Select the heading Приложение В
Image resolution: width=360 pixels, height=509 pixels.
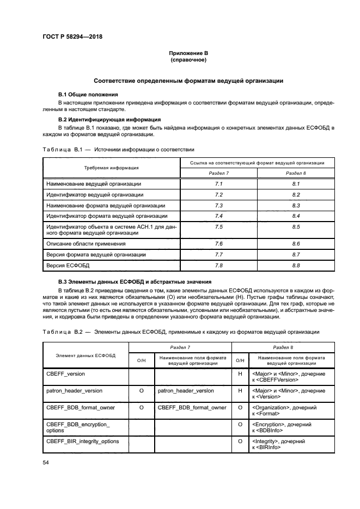(x=188, y=53)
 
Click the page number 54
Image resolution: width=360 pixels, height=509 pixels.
(x=46, y=462)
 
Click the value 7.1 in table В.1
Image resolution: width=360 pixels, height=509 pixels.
(x=219, y=184)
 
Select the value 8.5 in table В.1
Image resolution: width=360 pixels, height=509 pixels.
(x=296, y=227)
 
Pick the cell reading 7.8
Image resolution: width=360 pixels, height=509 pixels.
(x=219, y=265)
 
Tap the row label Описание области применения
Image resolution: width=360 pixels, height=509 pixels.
(x=86, y=243)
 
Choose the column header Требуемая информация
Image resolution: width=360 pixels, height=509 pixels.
(x=111, y=168)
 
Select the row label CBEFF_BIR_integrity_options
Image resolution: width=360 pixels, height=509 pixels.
(x=83, y=441)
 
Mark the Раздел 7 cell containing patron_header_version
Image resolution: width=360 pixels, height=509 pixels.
(x=186, y=390)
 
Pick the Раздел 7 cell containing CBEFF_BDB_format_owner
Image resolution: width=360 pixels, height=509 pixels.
(x=192, y=407)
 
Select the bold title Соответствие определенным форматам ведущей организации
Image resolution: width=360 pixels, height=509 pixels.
(x=188, y=81)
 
